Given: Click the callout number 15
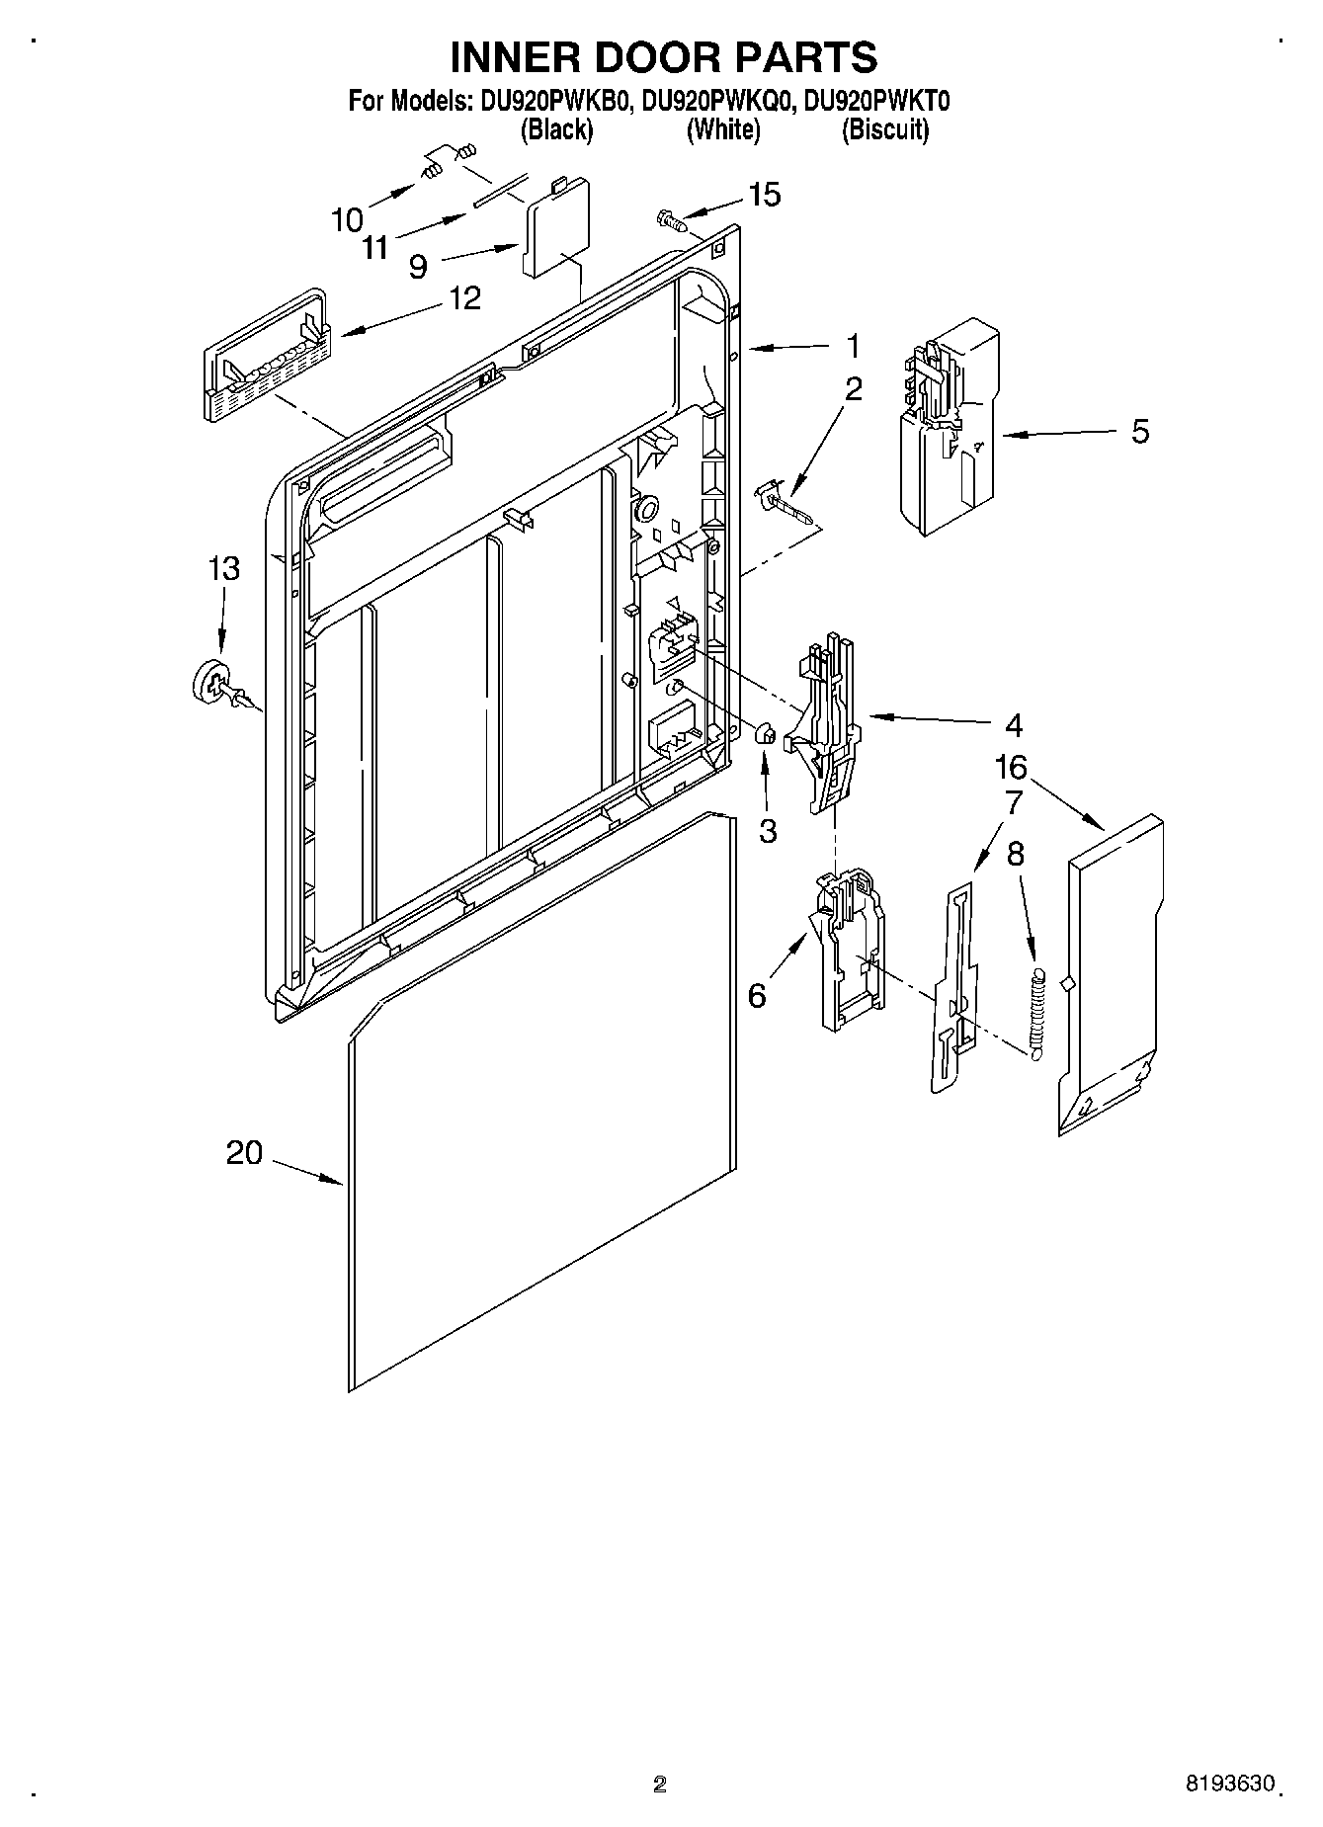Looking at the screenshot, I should [764, 195].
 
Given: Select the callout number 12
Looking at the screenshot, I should [465, 297].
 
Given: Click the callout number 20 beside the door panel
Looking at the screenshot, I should [244, 1152].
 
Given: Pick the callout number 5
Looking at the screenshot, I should [1140, 432].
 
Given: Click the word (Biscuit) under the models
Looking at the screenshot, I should [884, 129].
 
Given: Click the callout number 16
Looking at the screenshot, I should [1011, 767].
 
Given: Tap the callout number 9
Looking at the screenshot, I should [418, 266].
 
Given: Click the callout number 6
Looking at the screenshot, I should [757, 995].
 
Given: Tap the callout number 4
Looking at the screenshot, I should [1013, 725].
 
